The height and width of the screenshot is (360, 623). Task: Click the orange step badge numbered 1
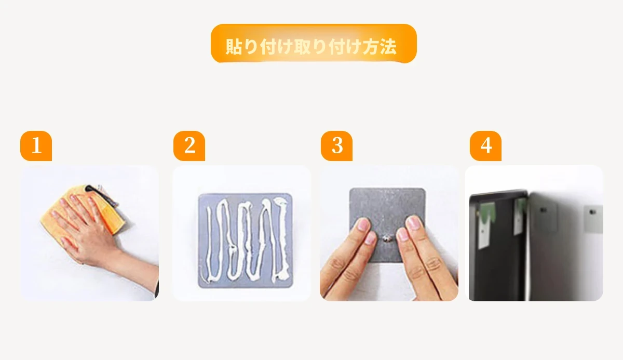(36, 146)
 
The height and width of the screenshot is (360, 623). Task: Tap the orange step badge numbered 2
(189, 146)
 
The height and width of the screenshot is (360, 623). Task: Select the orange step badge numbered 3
(336, 146)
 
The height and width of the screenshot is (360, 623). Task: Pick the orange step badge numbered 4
(485, 146)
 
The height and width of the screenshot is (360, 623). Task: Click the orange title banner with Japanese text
(314, 44)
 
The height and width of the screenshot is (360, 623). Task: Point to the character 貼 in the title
(234, 46)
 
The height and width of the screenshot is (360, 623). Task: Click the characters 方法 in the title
(380, 46)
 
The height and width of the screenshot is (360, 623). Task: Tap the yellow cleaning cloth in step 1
(84, 211)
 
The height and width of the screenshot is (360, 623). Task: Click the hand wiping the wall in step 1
(84, 228)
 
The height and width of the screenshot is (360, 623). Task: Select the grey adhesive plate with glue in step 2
(245, 241)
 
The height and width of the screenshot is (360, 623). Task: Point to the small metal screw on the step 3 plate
(386, 238)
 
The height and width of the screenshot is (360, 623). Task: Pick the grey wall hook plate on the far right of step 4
(593, 219)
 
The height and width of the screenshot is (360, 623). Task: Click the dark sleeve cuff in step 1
(157, 287)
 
